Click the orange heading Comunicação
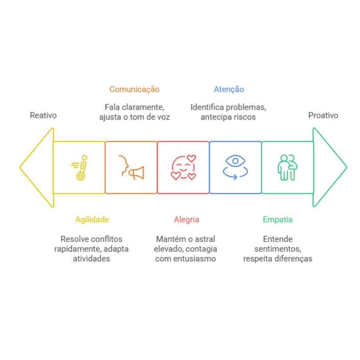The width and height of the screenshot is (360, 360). click(x=134, y=89)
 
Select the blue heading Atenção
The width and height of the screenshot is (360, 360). click(x=229, y=89)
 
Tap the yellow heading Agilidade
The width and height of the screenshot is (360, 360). click(x=92, y=220)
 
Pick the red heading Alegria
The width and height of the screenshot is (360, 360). click(x=187, y=220)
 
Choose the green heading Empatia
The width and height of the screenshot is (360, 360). click(x=278, y=220)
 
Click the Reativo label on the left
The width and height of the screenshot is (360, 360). click(x=43, y=115)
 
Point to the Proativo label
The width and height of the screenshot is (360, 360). click(x=323, y=115)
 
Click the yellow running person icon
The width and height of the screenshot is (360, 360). click(x=80, y=168)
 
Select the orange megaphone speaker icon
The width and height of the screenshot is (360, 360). click(x=132, y=168)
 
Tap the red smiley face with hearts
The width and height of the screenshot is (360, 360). click(x=184, y=168)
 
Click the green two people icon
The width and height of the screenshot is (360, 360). click(x=287, y=168)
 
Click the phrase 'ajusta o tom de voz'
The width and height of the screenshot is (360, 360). click(x=134, y=117)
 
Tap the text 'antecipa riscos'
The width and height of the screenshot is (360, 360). click(x=228, y=117)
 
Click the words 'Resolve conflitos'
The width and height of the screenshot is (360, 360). click(x=92, y=239)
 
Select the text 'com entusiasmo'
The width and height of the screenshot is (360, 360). click(x=185, y=259)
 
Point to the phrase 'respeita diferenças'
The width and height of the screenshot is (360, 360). click(x=278, y=259)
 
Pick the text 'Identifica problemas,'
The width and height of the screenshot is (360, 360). click(x=228, y=107)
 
